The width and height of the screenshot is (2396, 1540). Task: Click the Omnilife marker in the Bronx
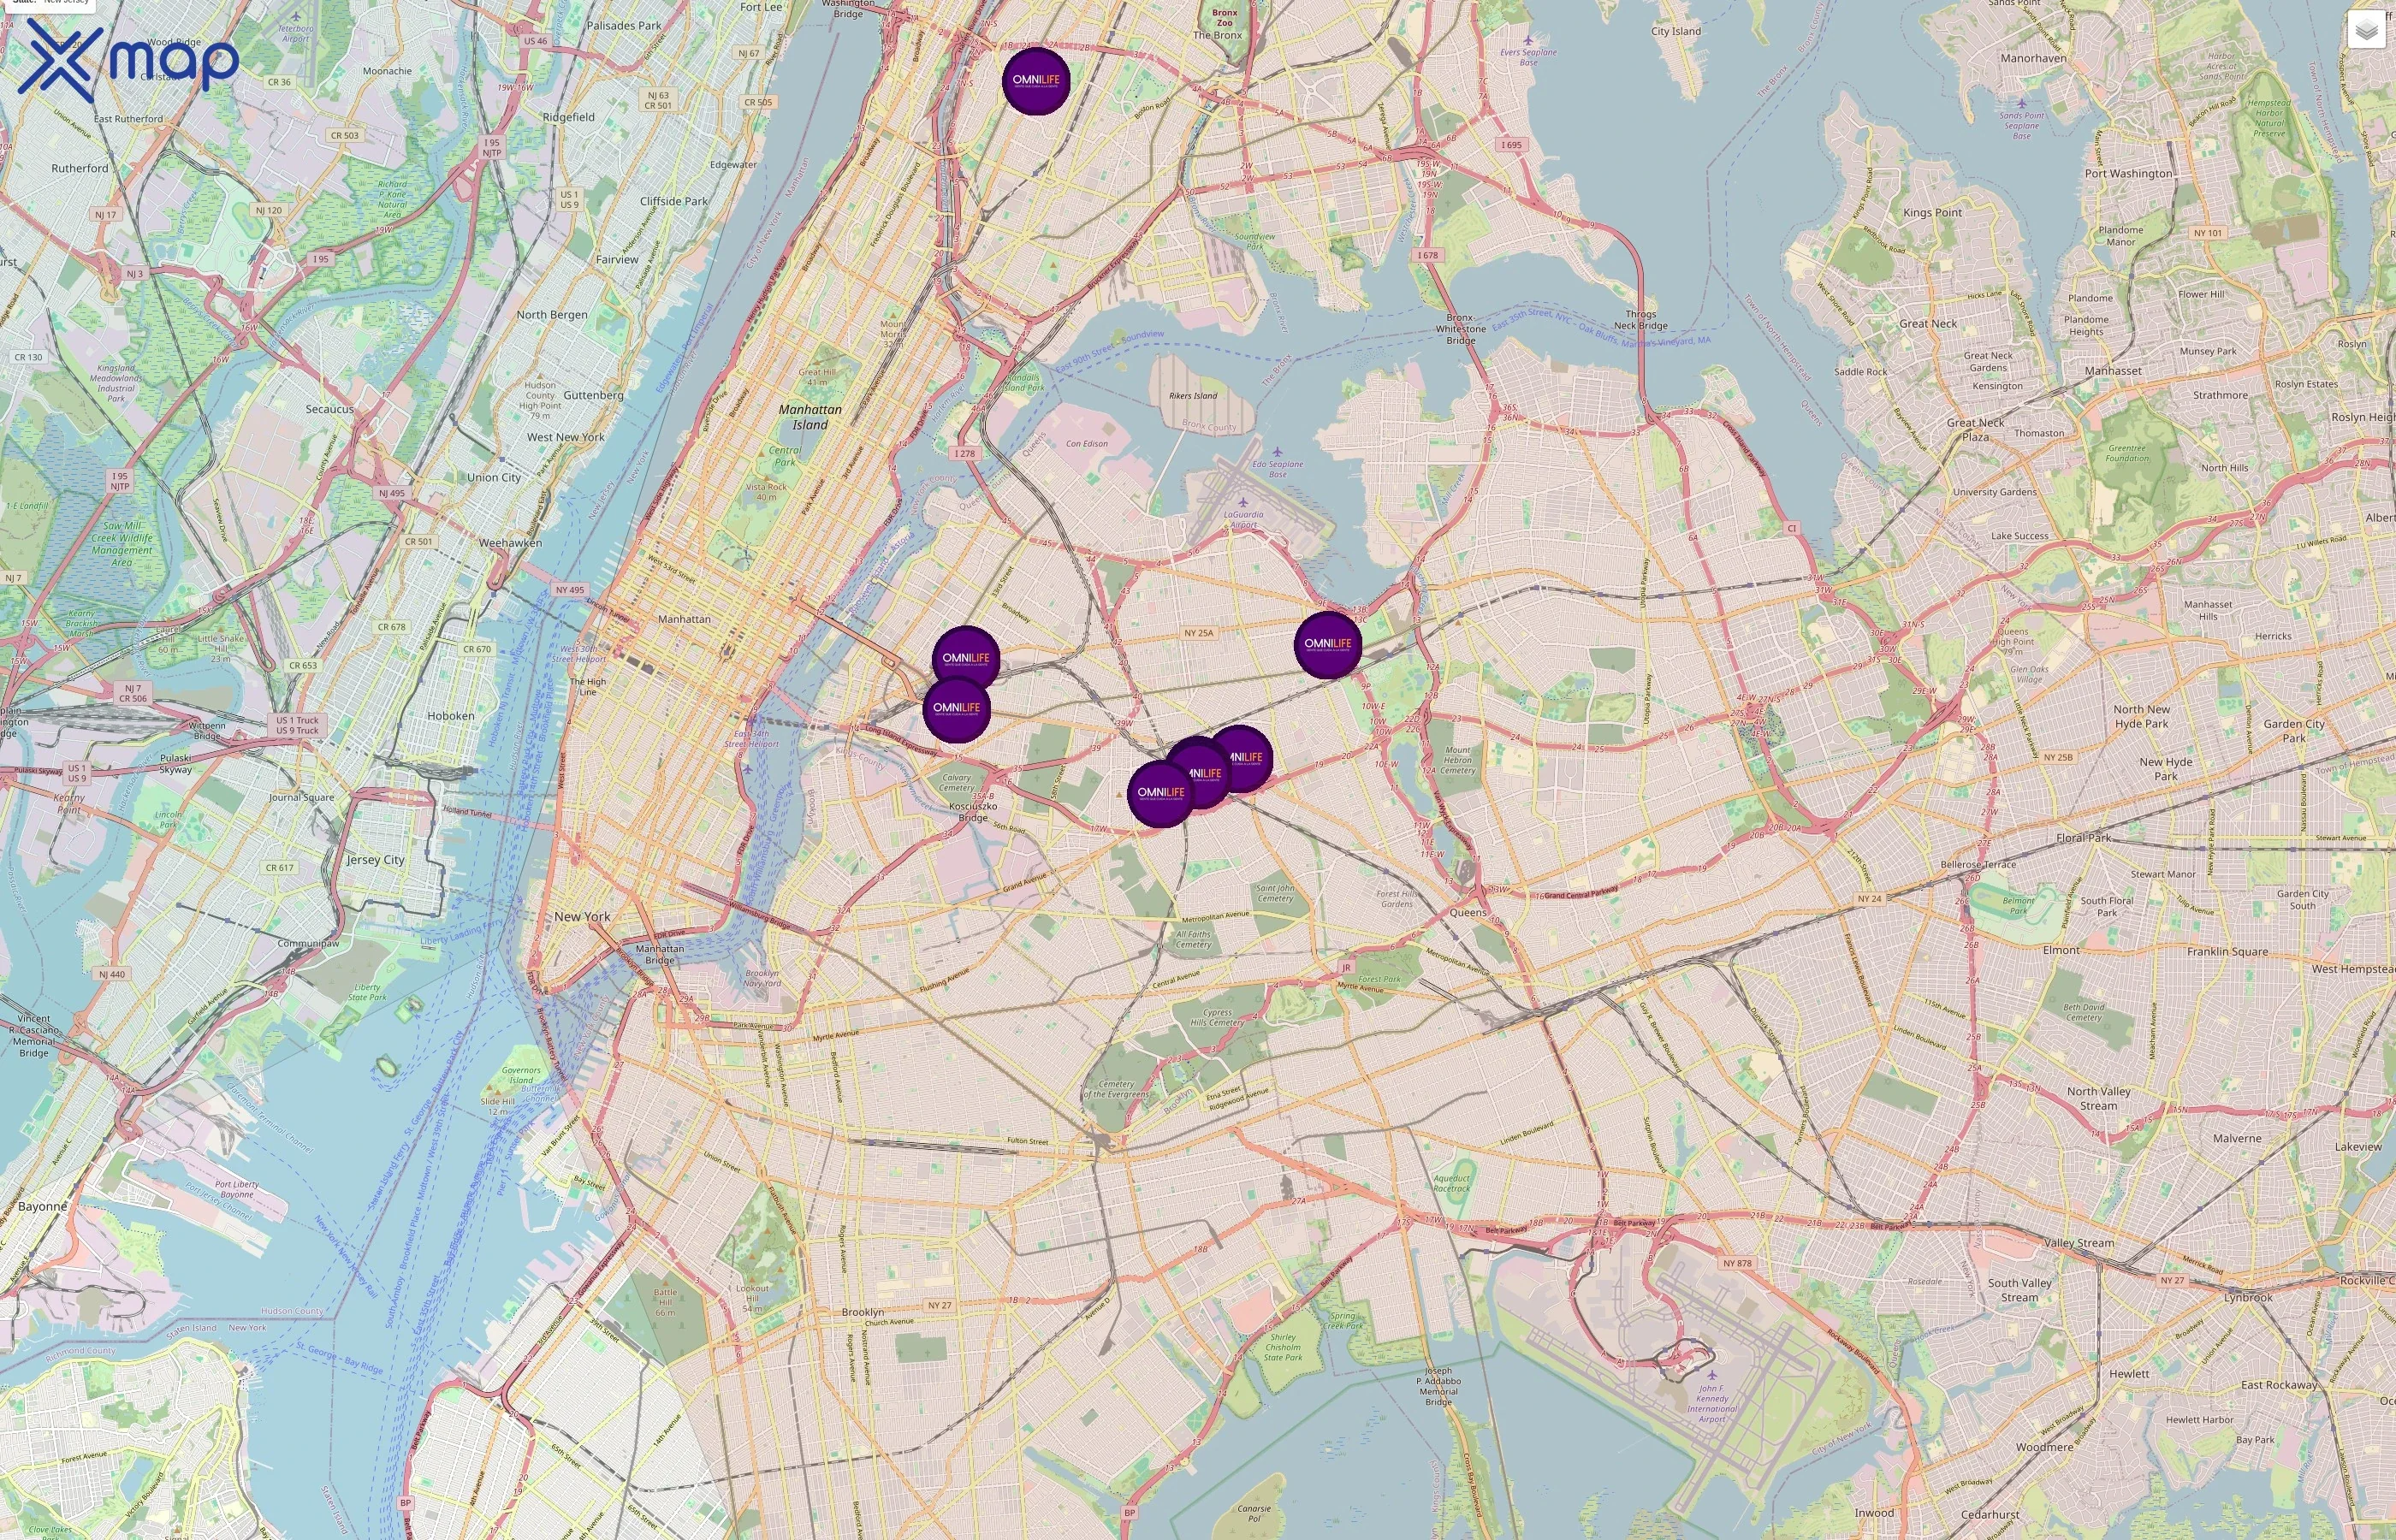(x=1036, y=81)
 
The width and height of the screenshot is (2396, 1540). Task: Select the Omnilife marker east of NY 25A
(x=1327, y=645)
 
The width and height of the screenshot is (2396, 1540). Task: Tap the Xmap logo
(x=128, y=60)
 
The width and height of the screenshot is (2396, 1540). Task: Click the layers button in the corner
(x=2365, y=30)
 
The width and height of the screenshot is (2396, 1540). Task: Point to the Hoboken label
(x=451, y=716)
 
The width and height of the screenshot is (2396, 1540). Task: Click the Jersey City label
(x=376, y=860)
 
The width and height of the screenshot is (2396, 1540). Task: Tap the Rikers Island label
(x=1193, y=396)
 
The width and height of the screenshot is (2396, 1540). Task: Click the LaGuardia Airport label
(x=1243, y=519)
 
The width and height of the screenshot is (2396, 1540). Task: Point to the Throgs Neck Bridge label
(x=1640, y=320)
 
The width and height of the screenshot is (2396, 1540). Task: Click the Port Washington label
(x=2128, y=174)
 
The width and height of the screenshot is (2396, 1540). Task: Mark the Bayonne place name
(x=42, y=1206)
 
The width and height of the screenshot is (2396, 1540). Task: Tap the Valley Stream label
(x=2079, y=1243)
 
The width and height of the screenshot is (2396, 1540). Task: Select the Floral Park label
(x=2084, y=838)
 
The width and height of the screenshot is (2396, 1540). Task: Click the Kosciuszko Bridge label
(x=973, y=811)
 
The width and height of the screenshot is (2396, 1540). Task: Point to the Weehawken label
(x=510, y=543)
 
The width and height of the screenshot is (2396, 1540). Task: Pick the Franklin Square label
(x=2227, y=951)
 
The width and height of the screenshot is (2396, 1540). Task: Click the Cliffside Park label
(x=673, y=201)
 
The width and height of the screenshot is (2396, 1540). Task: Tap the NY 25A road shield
(x=1198, y=633)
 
